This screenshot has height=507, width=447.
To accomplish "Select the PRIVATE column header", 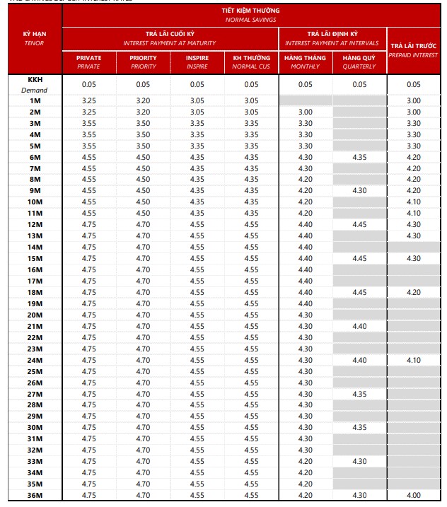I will click(88, 62).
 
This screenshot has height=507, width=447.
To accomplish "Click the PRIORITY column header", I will click(144, 62).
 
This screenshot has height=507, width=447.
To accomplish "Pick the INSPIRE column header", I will click(197, 62).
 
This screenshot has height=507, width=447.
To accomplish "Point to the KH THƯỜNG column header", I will click(251, 62).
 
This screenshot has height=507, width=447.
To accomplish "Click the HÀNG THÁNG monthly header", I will click(305, 62).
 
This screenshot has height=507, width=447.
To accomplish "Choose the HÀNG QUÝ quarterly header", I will click(359, 62).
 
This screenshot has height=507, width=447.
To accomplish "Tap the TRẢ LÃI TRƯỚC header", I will click(414, 49).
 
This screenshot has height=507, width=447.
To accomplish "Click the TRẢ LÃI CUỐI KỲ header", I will click(170, 38).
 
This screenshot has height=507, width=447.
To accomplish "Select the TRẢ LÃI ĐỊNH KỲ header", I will click(332, 38).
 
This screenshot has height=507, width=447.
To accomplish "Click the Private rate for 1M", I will click(88, 101).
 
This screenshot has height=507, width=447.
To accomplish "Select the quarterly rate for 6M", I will click(359, 157).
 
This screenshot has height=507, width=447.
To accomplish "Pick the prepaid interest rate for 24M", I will click(414, 360).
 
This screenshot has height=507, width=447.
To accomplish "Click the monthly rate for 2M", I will click(305, 112).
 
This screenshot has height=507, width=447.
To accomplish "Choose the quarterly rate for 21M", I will click(359, 326).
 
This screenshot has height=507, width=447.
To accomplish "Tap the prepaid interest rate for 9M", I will click(414, 191).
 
